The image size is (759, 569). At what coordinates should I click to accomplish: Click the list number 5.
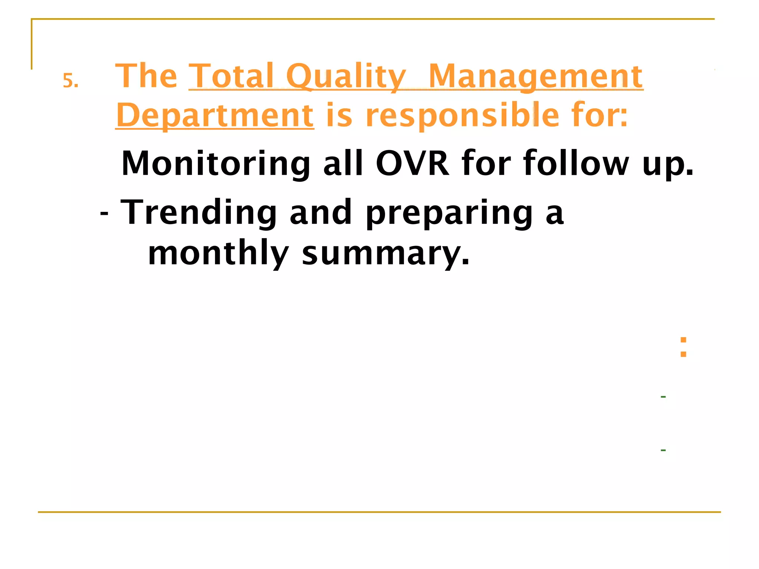coord(70,81)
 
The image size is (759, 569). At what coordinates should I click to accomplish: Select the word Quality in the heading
coord(347,77)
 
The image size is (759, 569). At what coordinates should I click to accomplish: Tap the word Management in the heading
coord(536,77)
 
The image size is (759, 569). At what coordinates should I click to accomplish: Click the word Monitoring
coord(216,164)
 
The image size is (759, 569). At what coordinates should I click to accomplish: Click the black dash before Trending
coord(104,214)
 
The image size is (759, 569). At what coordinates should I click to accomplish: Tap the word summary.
coord(385,255)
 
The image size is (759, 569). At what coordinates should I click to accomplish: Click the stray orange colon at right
coord(683,347)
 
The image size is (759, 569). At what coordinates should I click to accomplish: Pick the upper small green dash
coord(663,397)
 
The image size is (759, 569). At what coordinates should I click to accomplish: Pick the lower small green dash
coord(663,450)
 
